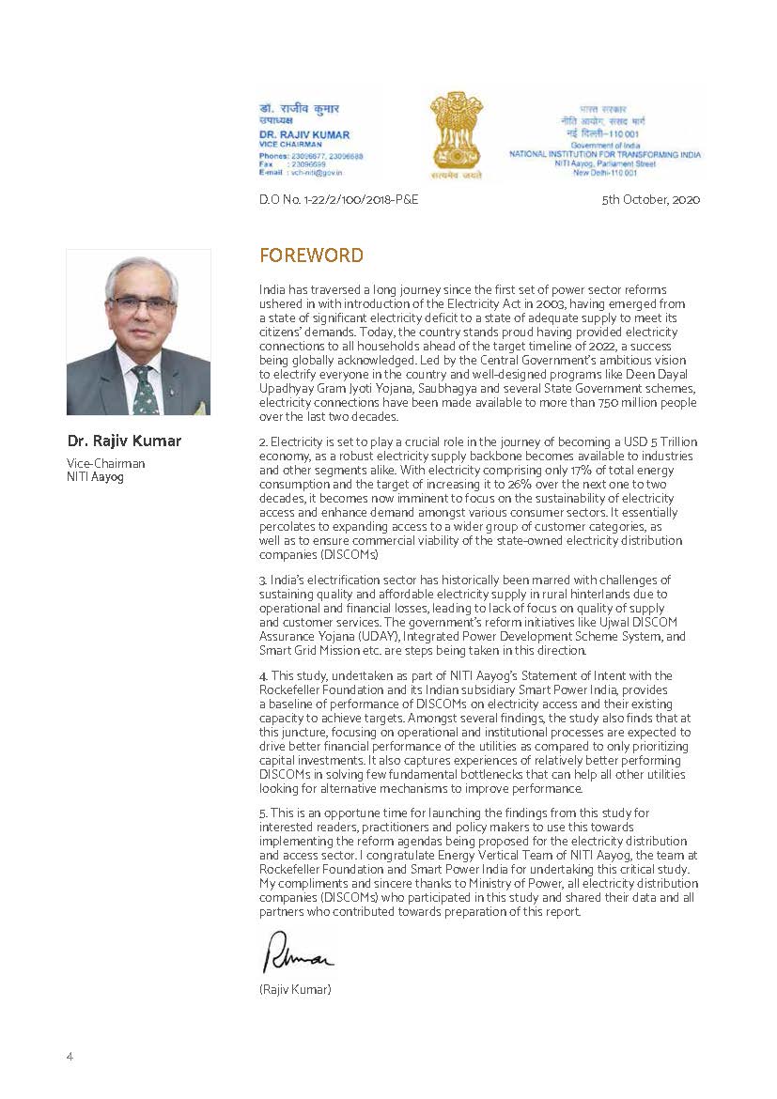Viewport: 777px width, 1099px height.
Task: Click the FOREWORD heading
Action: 311,255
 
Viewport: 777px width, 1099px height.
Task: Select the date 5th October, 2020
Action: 651,199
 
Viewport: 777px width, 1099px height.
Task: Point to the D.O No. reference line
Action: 338,199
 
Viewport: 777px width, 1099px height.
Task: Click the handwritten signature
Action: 297,955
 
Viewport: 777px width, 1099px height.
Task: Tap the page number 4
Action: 70,1056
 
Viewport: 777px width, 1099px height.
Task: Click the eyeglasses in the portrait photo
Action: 141,303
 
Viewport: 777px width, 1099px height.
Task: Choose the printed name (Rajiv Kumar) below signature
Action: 295,989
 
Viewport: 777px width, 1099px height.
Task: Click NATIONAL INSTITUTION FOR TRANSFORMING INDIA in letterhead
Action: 605,153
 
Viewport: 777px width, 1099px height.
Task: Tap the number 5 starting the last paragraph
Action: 262,812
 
